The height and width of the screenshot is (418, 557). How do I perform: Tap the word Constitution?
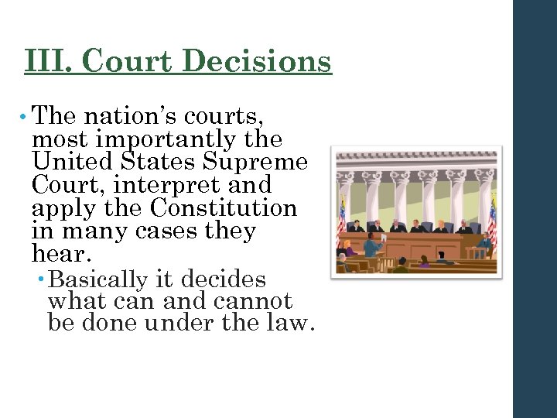(224, 208)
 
